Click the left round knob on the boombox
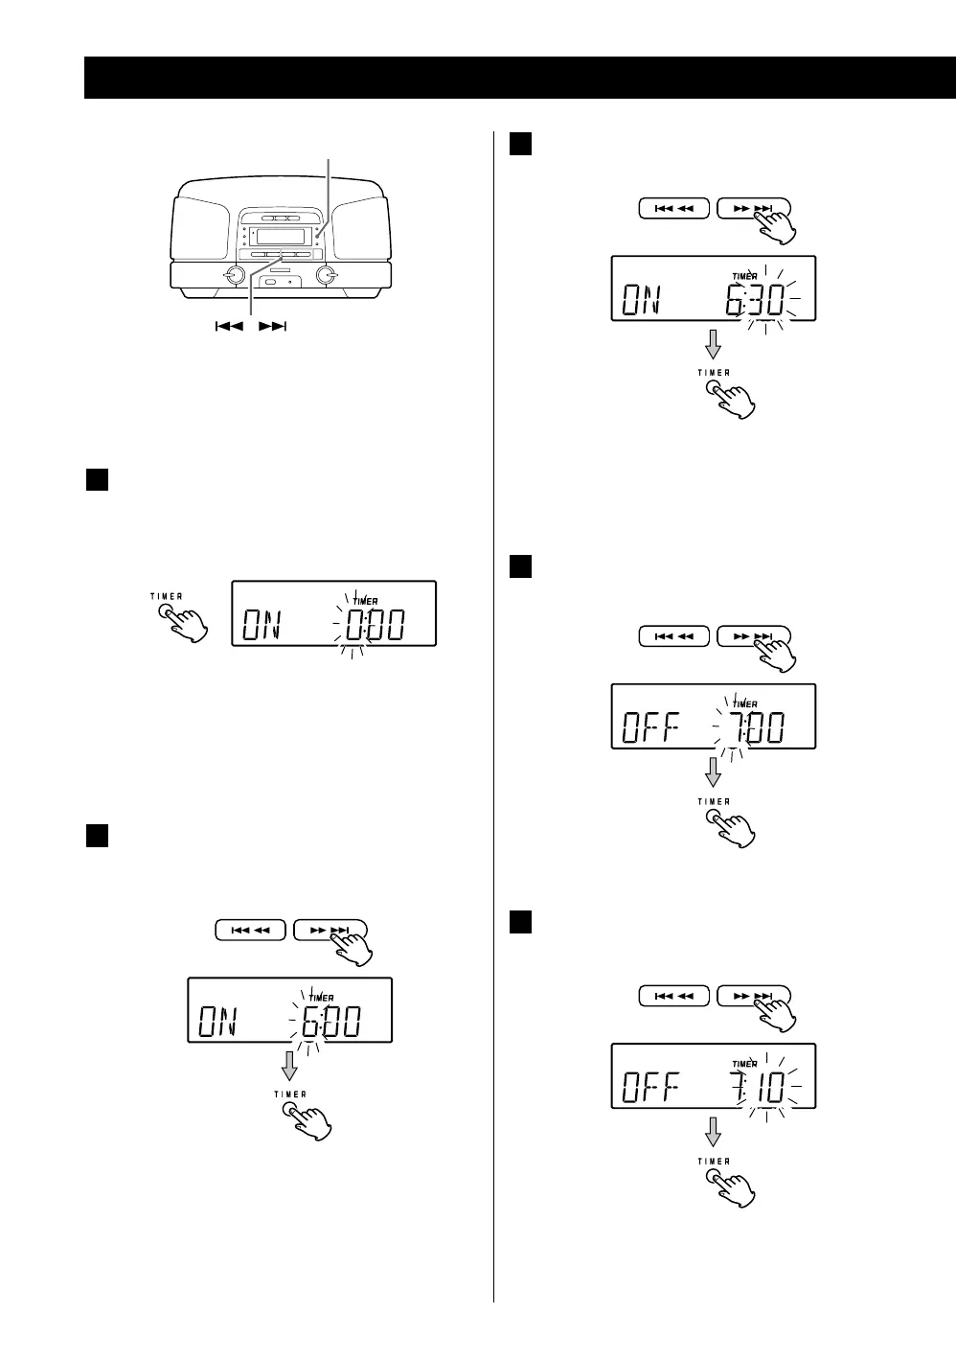(x=232, y=276)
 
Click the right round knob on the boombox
(x=328, y=276)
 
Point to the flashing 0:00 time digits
(x=375, y=627)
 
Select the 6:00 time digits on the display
(x=330, y=1025)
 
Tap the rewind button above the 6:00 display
(x=250, y=931)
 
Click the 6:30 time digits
(x=756, y=302)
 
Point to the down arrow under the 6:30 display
(x=713, y=344)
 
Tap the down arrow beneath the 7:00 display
(x=713, y=772)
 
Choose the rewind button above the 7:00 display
(x=674, y=636)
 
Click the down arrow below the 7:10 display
(x=713, y=1132)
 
